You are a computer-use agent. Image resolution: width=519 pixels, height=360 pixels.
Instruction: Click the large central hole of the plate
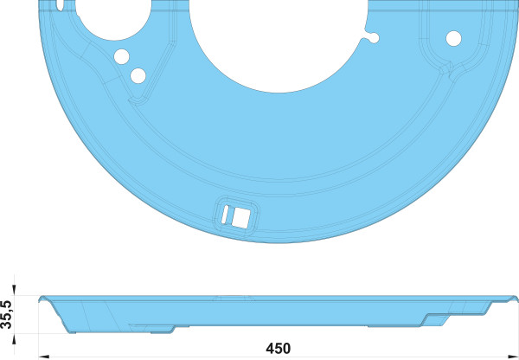278,43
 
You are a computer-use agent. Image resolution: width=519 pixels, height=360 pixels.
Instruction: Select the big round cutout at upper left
113,18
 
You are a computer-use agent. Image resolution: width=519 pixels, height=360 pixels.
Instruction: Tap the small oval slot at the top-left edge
60,4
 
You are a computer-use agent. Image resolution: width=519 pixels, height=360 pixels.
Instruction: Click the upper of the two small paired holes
121,56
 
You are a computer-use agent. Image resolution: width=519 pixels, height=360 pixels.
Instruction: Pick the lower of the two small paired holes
138,76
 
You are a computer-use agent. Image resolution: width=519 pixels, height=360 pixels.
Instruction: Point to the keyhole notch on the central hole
373,38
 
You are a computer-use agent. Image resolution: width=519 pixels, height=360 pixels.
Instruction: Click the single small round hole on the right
453,38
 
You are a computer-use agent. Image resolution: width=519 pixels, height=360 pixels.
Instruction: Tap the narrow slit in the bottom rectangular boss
225,215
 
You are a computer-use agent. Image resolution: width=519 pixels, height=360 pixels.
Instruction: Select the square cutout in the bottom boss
240,218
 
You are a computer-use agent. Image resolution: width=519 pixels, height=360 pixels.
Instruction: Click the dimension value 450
278,349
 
